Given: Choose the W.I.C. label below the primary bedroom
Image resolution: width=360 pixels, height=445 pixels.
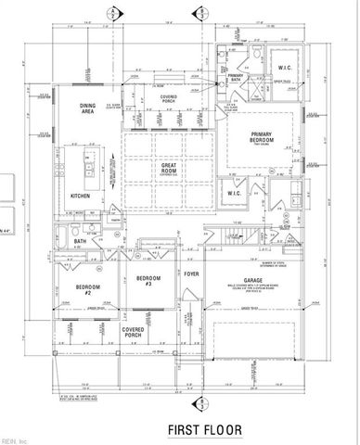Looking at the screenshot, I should point(236,194).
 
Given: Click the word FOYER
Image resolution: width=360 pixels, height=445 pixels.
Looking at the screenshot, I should point(191,274).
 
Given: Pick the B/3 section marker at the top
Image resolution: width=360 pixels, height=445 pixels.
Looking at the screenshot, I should point(203,12).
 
